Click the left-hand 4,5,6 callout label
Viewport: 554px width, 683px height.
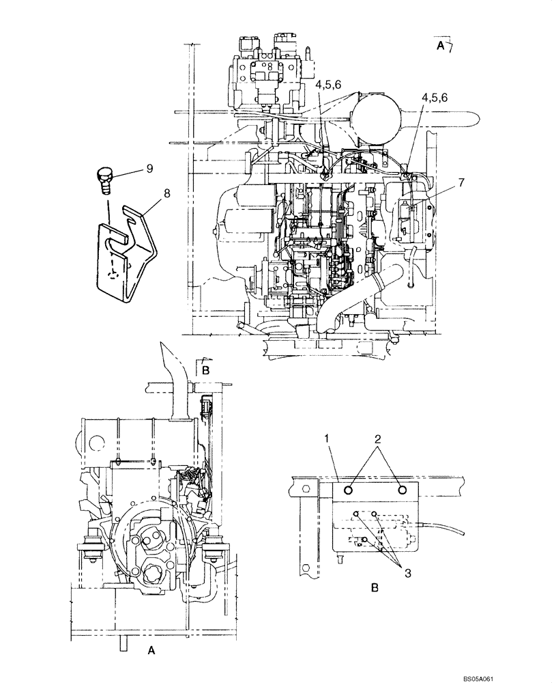click(329, 84)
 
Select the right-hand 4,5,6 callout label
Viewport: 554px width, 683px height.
click(434, 98)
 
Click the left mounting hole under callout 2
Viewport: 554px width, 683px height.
click(348, 490)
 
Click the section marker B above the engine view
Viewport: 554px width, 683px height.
click(205, 370)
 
